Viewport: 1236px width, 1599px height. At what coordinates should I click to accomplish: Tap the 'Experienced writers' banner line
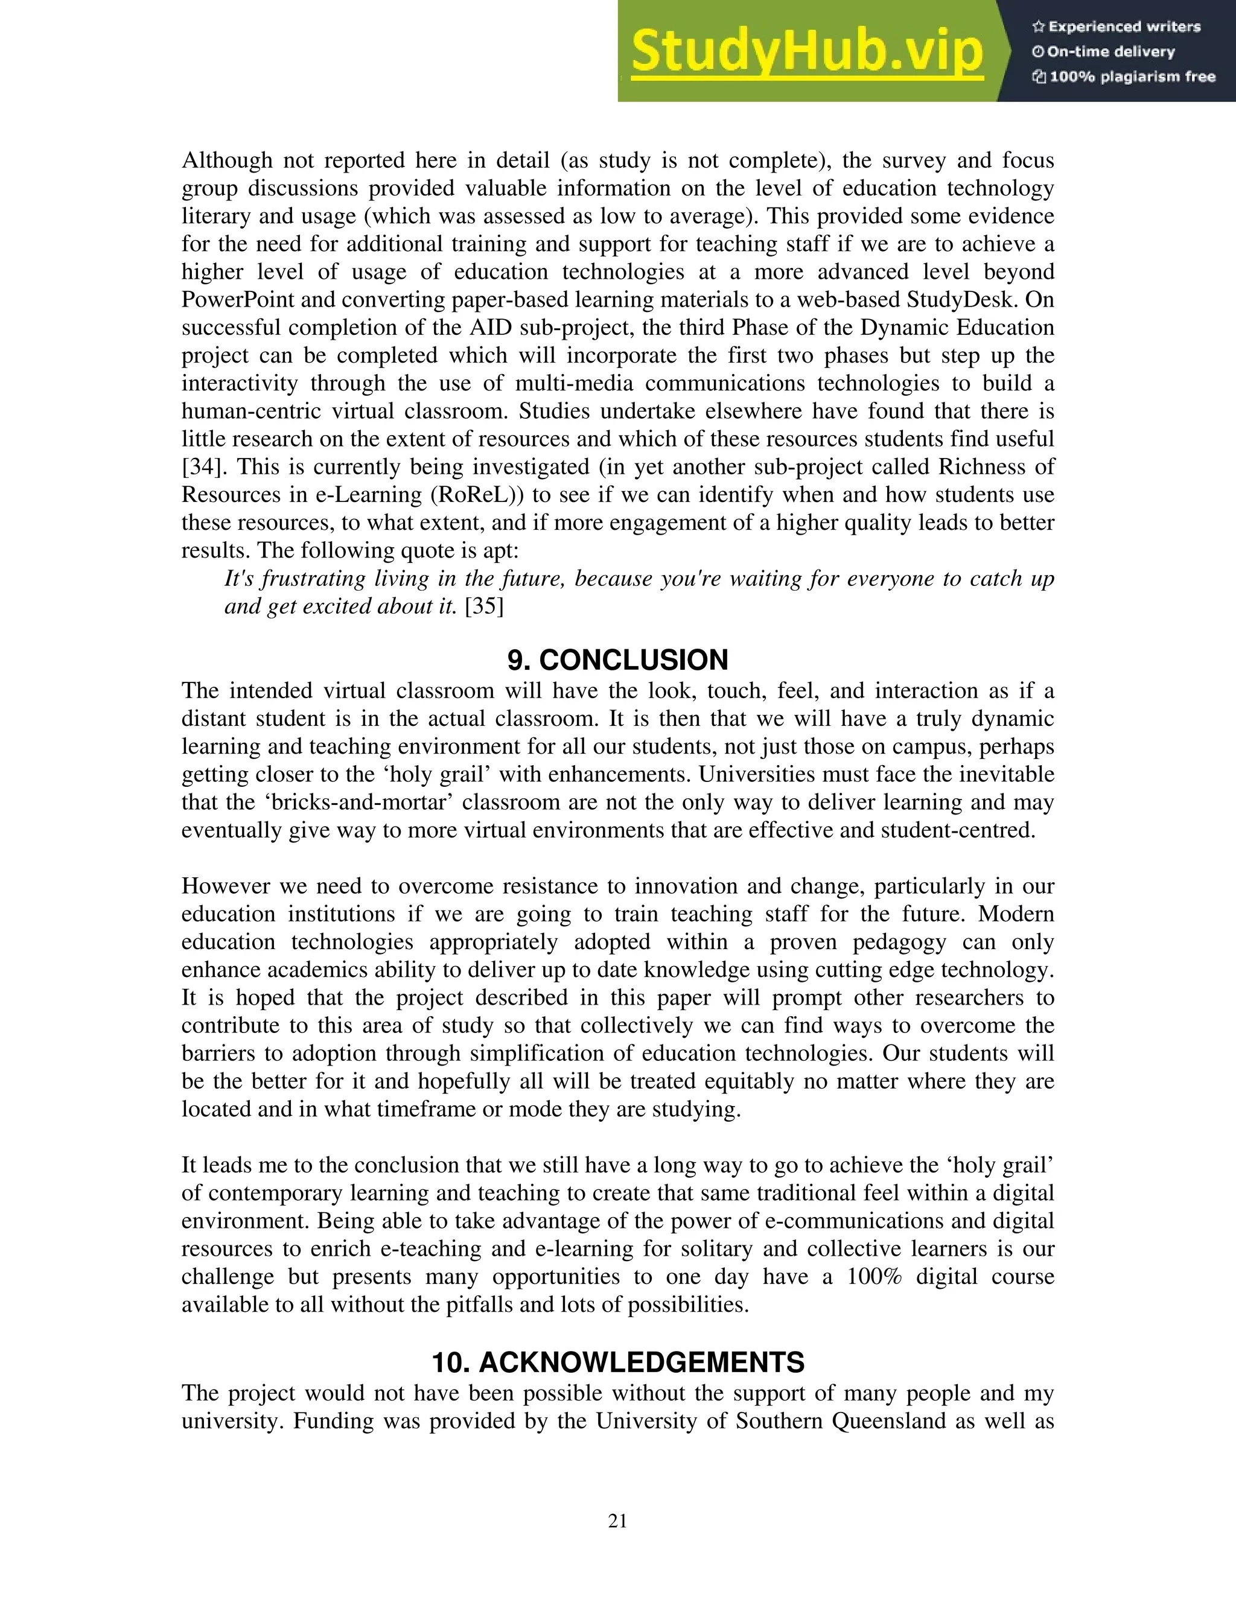(x=1117, y=27)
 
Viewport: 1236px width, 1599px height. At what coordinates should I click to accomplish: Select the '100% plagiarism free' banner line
(x=1124, y=77)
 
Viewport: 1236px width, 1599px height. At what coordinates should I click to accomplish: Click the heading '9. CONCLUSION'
(x=617, y=660)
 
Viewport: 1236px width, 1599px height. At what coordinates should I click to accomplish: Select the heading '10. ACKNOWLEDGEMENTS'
(x=617, y=1362)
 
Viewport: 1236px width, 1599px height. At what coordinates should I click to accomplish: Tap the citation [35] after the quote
(x=484, y=606)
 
